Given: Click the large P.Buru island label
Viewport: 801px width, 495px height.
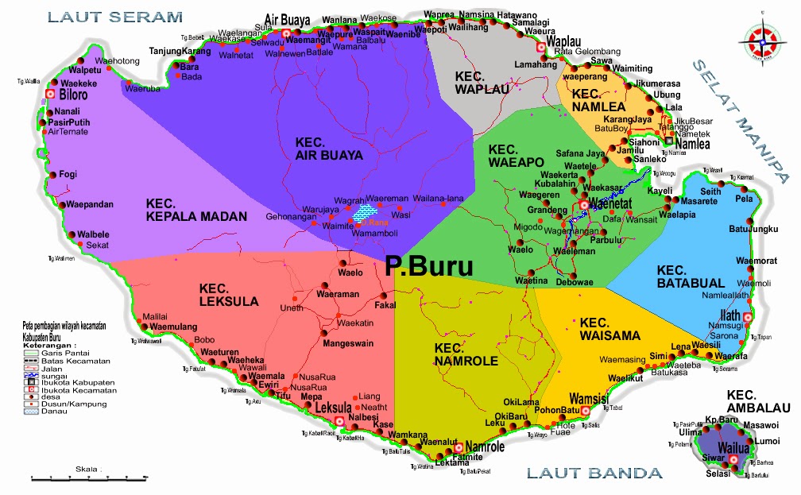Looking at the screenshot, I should (x=428, y=266).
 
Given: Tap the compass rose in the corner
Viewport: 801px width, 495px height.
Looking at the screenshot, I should (x=761, y=38).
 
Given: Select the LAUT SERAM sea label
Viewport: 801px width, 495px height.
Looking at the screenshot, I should (x=115, y=16).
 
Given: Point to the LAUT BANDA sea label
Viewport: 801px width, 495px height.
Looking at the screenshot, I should (x=594, y=474).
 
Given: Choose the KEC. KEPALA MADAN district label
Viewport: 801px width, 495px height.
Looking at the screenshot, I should (x=196, y=210).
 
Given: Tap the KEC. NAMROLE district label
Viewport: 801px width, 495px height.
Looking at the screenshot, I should (x=466, y=354).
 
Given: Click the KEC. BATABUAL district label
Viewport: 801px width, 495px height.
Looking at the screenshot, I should (x=691, y=276).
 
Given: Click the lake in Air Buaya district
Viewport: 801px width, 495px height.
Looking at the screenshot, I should (x=366, y=212).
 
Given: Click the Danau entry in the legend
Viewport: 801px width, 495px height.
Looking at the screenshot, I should (x=47, y=412).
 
